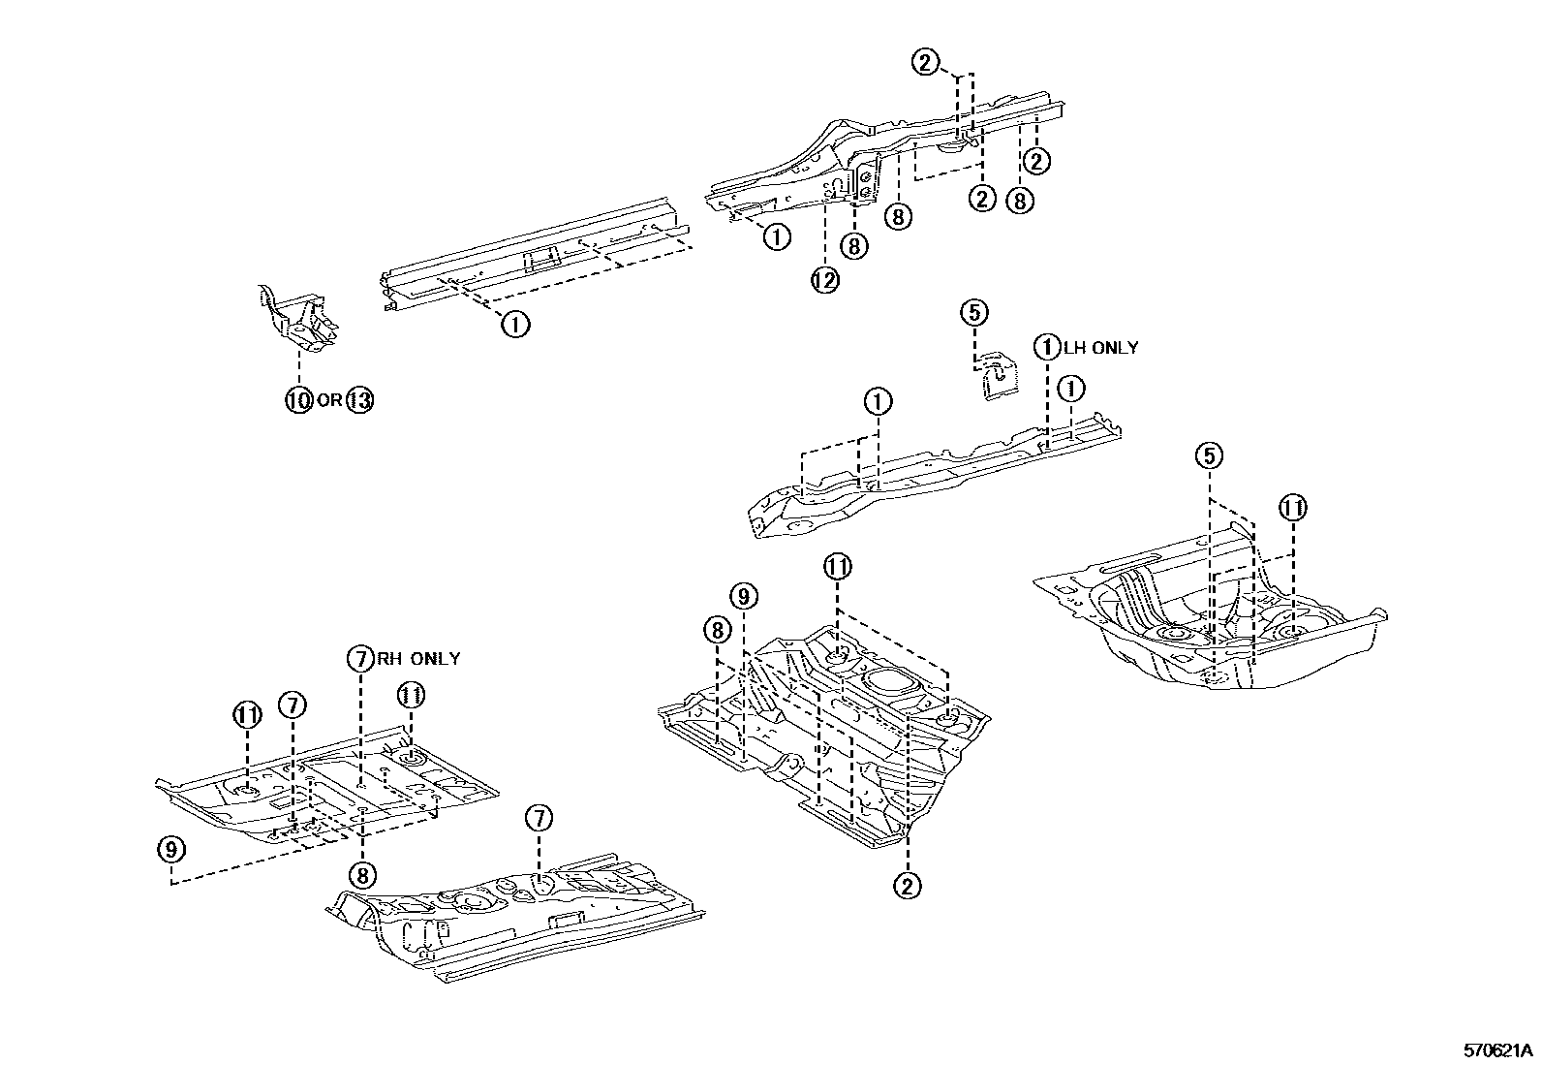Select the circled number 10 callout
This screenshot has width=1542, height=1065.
(299, 399)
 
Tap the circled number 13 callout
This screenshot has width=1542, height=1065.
(358, 399)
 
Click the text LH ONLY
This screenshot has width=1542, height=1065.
(1101, 348)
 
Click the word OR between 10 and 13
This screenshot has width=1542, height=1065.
(329, 399)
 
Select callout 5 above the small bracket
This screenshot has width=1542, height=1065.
(974, 312)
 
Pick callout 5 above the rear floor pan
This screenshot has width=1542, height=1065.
(1208, 455)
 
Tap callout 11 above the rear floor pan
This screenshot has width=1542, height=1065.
(1293, 507)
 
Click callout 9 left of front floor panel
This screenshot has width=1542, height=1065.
(170, 849)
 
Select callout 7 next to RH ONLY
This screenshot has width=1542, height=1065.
(359, 659)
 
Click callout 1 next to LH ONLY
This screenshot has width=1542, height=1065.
(1047, 347)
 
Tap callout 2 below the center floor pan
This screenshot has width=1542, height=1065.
(908, 884)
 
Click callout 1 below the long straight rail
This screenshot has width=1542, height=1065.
(514, 324)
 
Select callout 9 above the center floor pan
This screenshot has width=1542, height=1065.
(743, 596)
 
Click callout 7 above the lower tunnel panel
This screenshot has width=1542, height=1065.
(539, 818)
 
